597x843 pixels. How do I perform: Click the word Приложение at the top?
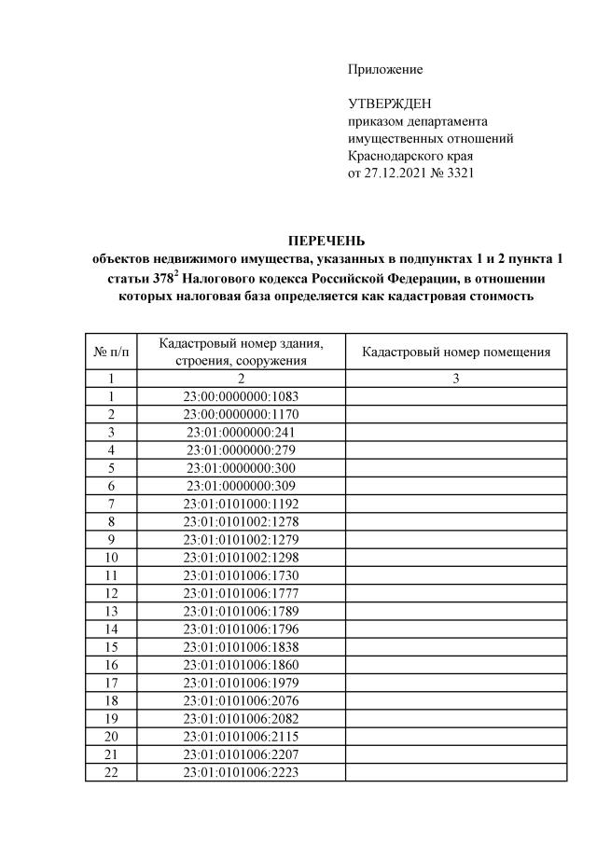(x=385, y=70)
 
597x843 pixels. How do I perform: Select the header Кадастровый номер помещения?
(x=456, y=352)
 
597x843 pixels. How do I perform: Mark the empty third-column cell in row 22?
(x=456, y=773)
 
